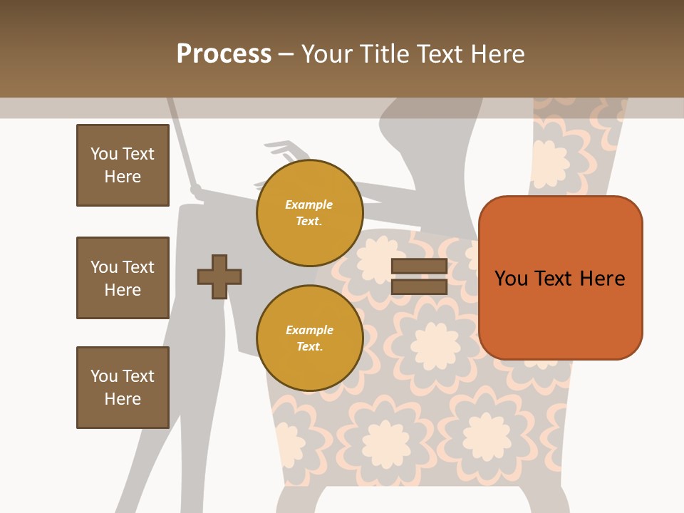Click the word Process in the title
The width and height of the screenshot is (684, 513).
click(224, 54)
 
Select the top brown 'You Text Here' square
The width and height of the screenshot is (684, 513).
click(123, 165)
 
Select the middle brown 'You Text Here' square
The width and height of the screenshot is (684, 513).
click(123, 278)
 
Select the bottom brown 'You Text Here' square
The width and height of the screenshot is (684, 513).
click(123, 388)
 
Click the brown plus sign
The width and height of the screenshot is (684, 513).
click(219, 276)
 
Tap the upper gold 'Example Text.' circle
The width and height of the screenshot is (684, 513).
click(309, 213)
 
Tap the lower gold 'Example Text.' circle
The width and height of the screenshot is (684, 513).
click(309, 338)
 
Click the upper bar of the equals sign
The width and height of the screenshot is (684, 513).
click(419, 266)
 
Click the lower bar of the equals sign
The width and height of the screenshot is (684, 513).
click(419, 287)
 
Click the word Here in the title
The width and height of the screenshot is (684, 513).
click(499, 54)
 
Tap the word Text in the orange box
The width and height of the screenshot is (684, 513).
click(556, 278)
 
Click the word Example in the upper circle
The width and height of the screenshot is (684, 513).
click(309, 205)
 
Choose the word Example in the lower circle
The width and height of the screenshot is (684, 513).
click(309, 331)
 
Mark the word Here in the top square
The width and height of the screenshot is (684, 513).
click(123, 177)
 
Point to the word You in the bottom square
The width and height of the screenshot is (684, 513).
click(104, 376)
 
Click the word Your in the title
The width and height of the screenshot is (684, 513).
click(326, 54)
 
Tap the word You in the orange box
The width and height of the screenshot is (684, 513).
click(511, 278)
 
